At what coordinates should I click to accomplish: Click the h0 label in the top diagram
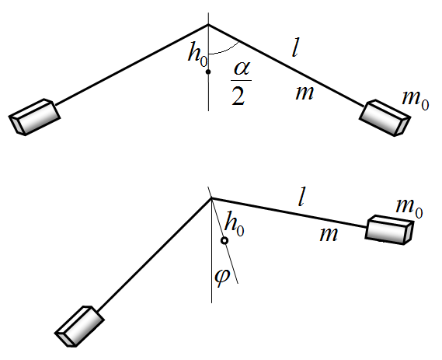198,54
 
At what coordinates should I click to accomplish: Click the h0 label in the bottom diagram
235,225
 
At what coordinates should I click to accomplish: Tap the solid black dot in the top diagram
208,72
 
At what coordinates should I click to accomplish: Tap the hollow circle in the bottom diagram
224,241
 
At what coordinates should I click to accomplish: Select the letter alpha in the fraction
242,69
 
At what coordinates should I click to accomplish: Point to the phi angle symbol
222,277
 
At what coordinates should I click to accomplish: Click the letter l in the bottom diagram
302,197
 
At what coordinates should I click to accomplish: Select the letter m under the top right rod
305,93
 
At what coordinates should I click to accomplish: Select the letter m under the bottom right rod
329,235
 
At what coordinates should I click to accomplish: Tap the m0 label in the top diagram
416,100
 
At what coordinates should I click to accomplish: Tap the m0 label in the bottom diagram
409,208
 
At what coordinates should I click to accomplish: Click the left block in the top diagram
35,117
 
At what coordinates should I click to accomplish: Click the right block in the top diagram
385,117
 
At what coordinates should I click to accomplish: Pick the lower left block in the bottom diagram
79,326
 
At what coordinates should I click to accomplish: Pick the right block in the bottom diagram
389,230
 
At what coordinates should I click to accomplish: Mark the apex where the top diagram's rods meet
208,25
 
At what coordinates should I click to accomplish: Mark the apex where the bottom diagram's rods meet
211,198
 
